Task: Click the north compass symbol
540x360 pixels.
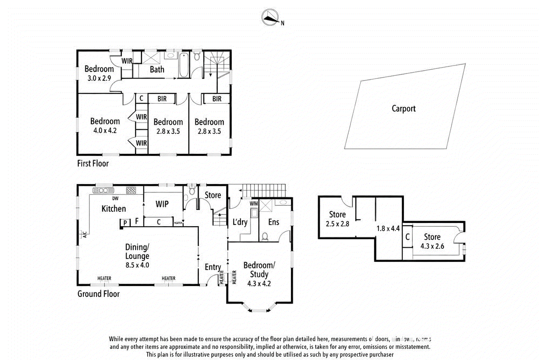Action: click(270, 17)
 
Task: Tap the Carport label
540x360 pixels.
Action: click(403, 109)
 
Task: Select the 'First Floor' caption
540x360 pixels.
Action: click(93, 163)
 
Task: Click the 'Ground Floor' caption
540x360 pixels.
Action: click(98, 294)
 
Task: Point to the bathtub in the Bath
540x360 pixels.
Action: click(184, 65)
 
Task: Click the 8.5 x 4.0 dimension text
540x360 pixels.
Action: click(137, 265)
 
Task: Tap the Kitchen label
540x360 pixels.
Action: click(114, 209)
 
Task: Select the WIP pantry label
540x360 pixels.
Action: click(162, 204)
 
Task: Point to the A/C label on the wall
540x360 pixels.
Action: click(84, 234)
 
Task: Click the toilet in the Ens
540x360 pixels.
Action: click(265, 237)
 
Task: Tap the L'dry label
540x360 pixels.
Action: click(240, 222)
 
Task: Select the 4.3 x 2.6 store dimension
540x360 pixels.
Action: click(432, 246)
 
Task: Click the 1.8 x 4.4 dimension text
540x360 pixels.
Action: click(388, 229)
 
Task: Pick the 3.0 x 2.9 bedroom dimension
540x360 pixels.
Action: click(99, 78)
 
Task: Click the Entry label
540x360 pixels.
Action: click(213, 267)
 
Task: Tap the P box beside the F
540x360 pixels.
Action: click(125, 223)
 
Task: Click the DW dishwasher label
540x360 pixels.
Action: click(115, 198)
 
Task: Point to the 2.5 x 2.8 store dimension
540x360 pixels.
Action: click(337, 224)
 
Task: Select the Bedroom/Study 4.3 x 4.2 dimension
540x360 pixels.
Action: click(259, 284)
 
